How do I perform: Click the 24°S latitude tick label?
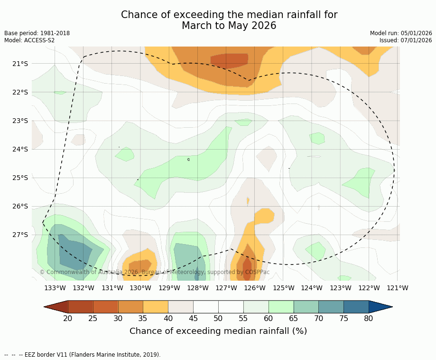19,149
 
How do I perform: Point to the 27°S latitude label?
19,235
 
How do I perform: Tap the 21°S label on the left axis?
19,64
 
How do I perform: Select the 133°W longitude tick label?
55,288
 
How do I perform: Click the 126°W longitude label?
255,288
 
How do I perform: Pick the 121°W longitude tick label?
398,288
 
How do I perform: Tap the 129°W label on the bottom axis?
169,288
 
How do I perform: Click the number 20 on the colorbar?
68,319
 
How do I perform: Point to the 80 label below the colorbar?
369,319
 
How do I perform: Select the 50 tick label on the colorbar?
218,319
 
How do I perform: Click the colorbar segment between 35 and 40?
156,307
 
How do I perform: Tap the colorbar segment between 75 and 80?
356,307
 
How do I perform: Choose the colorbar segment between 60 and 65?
281,307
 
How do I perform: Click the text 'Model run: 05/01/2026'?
401,33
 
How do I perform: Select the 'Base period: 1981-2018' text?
37,33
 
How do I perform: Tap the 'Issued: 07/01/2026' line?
406,40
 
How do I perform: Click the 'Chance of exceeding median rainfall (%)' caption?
218,331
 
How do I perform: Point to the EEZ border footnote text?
83,354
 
